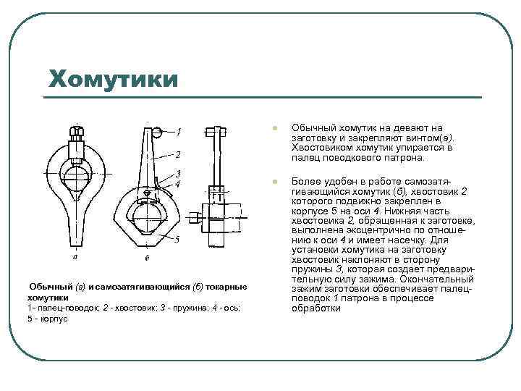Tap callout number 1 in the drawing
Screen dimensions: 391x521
(x=179, y=132)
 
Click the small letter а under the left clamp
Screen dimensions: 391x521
(x=77, y=256)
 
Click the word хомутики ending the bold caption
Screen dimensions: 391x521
(x=48, y=298)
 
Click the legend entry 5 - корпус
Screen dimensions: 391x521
(x=47, y=319)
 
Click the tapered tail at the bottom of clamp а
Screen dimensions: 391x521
(x=76, y=232)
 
